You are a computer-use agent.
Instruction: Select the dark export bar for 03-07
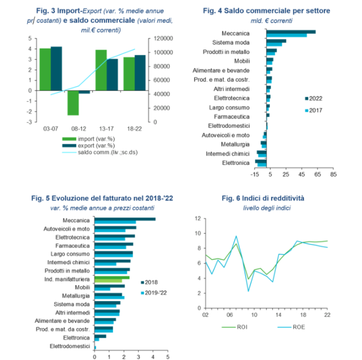click(56, 69)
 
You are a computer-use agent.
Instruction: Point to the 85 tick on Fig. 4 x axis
click(333, 174)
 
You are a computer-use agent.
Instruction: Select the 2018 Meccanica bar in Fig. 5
click(125, 219)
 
